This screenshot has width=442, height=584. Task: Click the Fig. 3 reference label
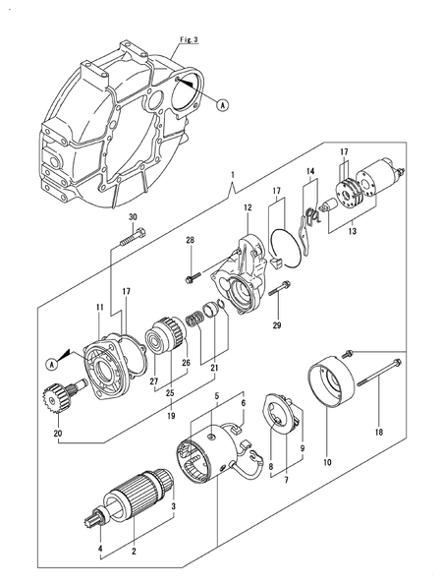190,39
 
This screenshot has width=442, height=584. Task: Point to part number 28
191,240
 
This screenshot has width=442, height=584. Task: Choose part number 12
249,208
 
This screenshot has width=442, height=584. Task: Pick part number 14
310,174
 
